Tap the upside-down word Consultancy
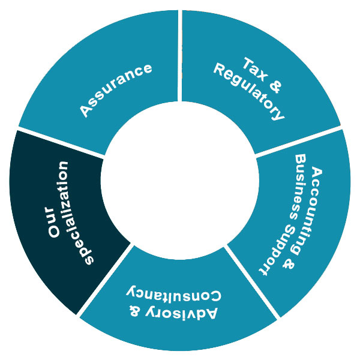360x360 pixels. click(x=173, y=293)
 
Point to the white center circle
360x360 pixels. click(x=179, y=180)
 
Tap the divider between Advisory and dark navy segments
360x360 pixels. click(x=106, y=278)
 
